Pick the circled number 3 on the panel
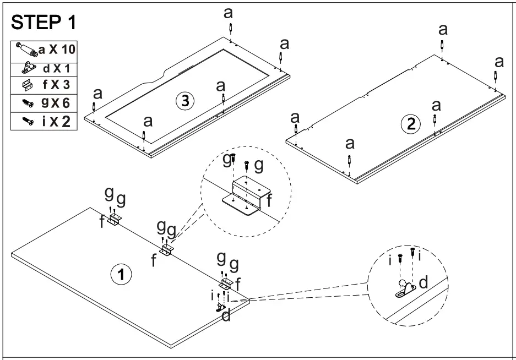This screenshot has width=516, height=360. pos(184,100)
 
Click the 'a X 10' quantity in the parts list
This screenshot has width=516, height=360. pos(57,49)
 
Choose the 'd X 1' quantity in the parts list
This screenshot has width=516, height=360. pos(57,69)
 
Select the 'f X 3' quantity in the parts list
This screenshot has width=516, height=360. pos(57,86)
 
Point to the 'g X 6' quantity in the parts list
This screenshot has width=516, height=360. pos(57,103)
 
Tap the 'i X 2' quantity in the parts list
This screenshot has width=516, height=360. pos(57,121)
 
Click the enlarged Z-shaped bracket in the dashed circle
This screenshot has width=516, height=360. pos(245,195)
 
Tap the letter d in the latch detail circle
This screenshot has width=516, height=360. pos(423,282)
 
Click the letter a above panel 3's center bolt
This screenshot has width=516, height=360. pos(221,86)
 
